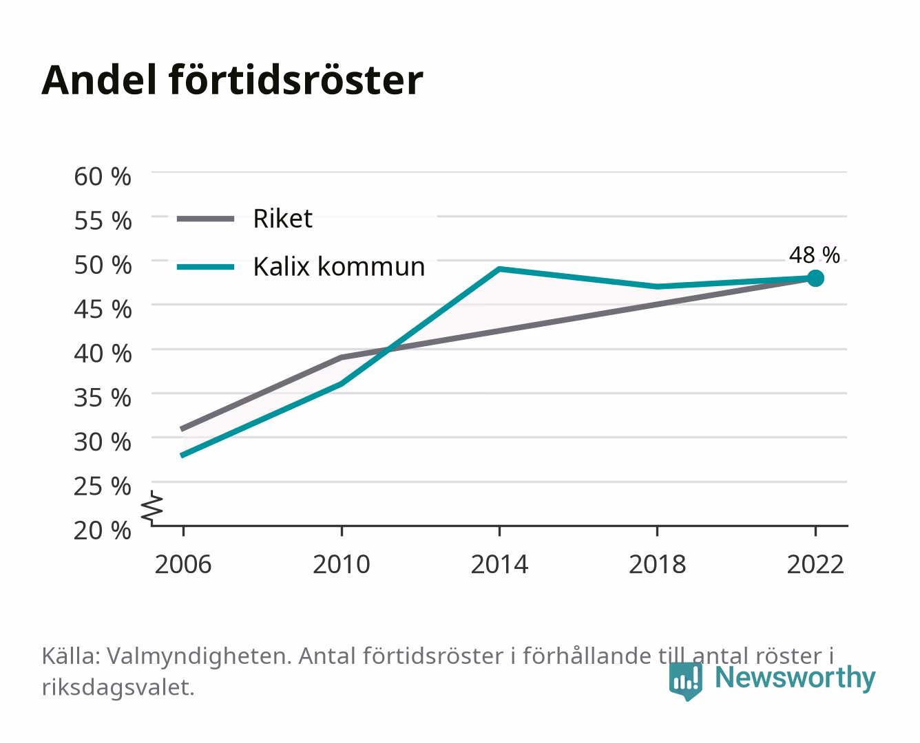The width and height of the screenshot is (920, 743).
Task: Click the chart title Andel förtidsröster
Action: click(x=232, y=80)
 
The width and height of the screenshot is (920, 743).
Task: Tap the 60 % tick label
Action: click(x=103, y=177)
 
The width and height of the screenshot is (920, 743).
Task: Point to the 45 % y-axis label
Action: click(x=103, y=310)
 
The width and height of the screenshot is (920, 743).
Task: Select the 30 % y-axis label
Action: click(x=103, y=442)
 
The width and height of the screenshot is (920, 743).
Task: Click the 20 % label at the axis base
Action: click(x=103, y=530)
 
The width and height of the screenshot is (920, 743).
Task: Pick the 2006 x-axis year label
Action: click(x=183, y=564)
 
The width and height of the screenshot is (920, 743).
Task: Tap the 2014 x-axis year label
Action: click(x=499, y=564)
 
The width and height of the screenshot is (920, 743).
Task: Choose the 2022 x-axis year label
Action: click(x=815, y=564)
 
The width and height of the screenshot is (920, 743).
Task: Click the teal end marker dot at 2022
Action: click(x=815, y=279)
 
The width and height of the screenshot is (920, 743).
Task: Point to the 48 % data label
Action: click(x=814, y=255)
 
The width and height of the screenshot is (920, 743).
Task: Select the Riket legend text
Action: click(x=282, y=218)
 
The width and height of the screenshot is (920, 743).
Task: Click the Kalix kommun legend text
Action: click(x=339, y=267)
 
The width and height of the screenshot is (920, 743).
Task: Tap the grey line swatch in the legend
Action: click(x=206, y=219)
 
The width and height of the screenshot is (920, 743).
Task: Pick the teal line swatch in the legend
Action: click(x=206, y=267)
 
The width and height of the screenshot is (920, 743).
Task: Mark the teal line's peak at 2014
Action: click(x=499, y=269)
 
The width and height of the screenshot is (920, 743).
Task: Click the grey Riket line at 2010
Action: click(x=342, y=357)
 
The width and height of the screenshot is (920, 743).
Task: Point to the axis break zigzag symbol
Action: click(x=152, y=508)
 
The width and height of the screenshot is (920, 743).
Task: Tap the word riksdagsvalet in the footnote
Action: click(x=118, y=688)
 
